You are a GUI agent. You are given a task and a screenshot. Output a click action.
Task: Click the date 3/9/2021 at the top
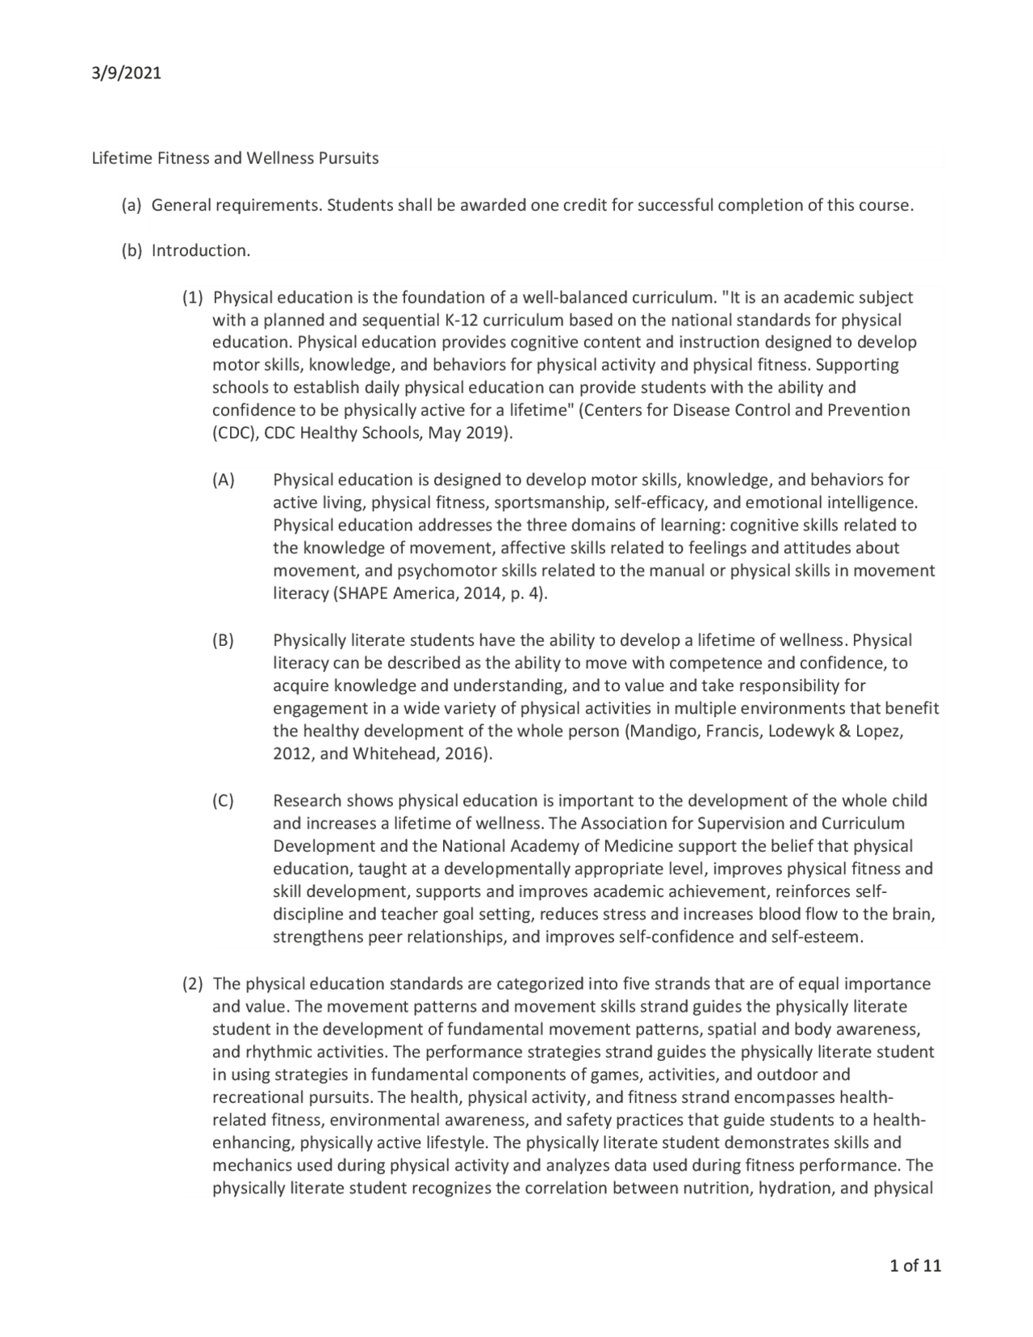pos(127,73)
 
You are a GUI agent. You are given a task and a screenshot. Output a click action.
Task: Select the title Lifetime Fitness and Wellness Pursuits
pos(235,158)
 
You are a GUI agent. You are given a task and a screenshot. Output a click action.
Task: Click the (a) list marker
pos(131,205)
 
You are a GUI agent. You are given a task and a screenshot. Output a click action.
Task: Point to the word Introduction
pos(201,251)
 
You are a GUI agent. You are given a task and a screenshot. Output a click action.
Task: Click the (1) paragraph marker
pos(192,297)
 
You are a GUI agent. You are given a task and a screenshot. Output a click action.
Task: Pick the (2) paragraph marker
pos(192,984)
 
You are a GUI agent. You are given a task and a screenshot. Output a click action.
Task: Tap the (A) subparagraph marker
pos(223,480)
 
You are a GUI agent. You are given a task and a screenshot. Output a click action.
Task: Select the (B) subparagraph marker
pos(223,641)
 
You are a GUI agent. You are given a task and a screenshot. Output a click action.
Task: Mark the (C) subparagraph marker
pos(223,801)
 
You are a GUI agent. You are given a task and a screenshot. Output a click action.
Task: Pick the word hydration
pos(794,1188)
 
